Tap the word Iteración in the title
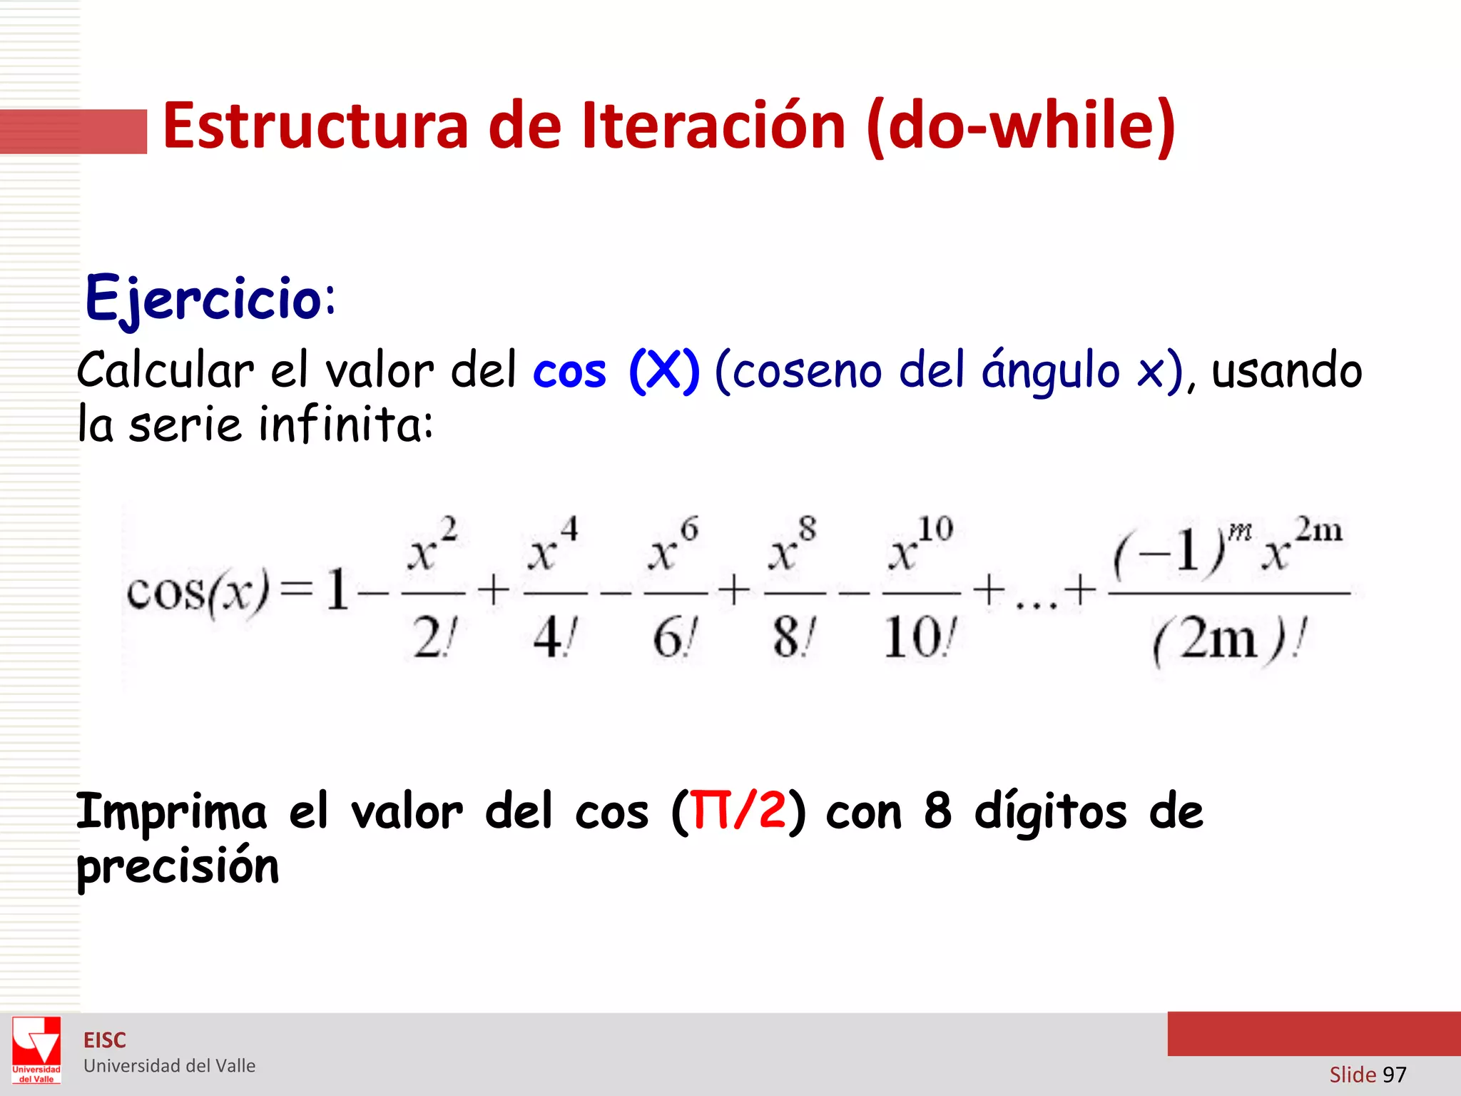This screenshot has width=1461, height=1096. pyautogui.click(x=713, y=126)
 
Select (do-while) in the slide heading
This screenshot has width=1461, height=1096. pyautogui.click(x=1020, y=126)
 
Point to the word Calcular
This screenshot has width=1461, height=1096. pyautogui.click(x=165, y=371)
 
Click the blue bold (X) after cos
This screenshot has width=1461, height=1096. pyautogui.click(x=663, y=371)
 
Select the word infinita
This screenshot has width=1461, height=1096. pyautogui.click(x=345, y=425)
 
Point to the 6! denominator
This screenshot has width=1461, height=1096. pyautogui.click(x=675, y=637)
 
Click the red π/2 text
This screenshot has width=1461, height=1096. pyautogui.click(x=739, y=811)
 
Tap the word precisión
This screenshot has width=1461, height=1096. pyautogui.click(x=178, y=867)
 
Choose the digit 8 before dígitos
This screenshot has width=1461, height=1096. pyautogui.click(x=937, y=811)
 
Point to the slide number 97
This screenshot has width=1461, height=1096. pyautogui.click(x=1394, y=1075)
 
